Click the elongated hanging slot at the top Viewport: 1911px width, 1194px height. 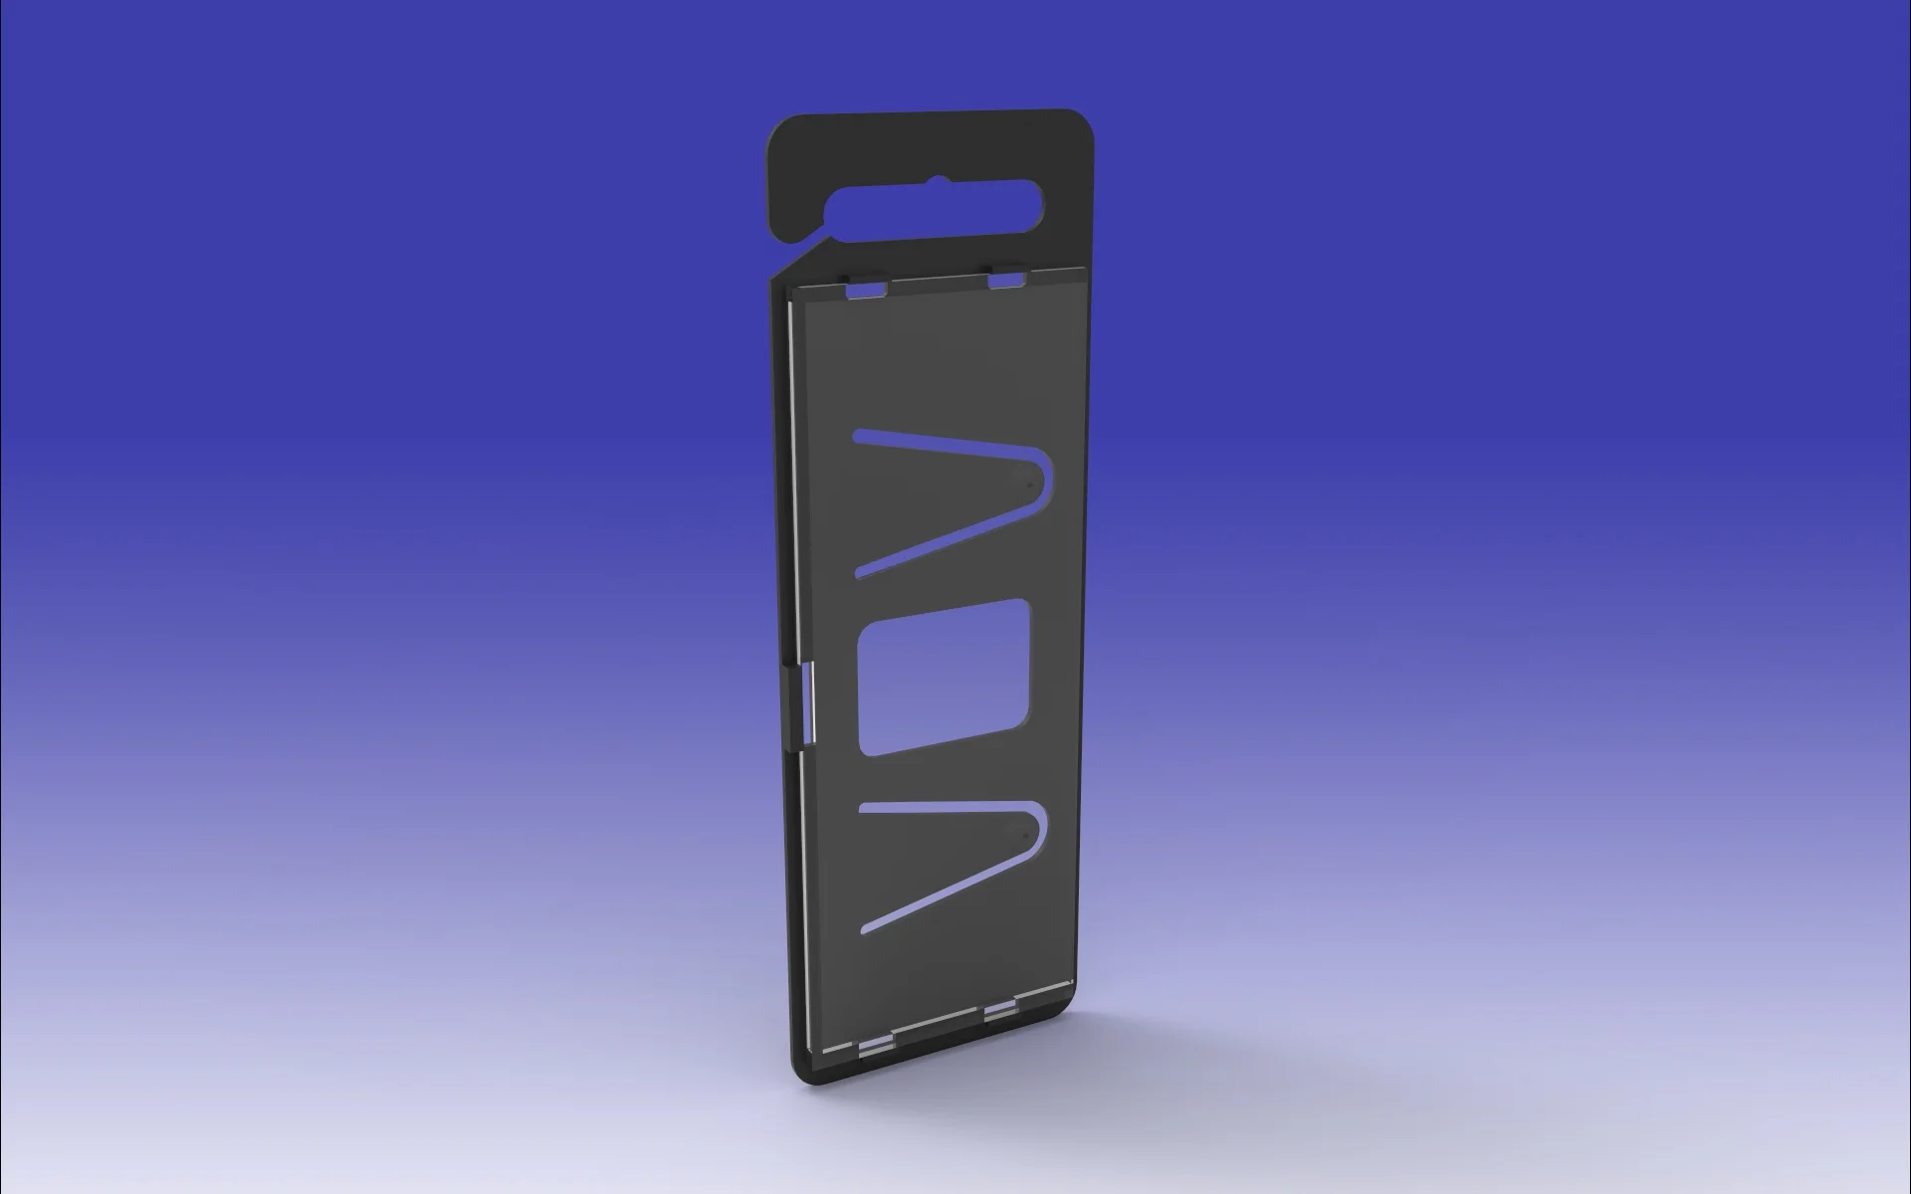pos(936,210)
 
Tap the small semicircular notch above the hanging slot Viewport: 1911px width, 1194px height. pos(936,182)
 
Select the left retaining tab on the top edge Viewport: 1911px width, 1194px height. pos(866,289)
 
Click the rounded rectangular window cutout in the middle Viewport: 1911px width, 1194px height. pos(942,678)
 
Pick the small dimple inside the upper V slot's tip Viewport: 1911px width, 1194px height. pos(1027,485)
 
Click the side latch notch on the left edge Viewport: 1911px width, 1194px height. pos(807,704)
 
